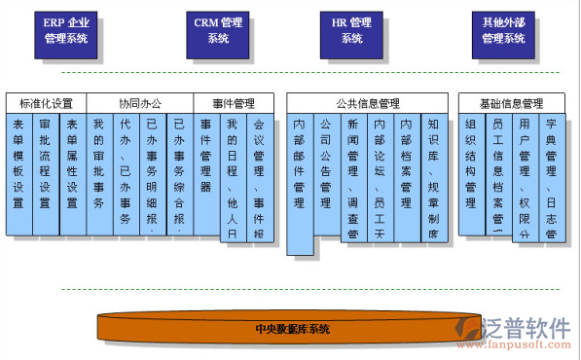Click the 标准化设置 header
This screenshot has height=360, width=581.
[x=46, y=103]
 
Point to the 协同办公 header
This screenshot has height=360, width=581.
[x=139, y=103]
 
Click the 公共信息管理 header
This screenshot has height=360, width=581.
[x=368, y=103]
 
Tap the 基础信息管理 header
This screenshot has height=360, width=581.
[x=512, y=103]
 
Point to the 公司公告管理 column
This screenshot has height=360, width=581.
[x=326, y=175]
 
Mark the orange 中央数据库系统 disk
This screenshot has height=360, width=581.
[x=292, y=329]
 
